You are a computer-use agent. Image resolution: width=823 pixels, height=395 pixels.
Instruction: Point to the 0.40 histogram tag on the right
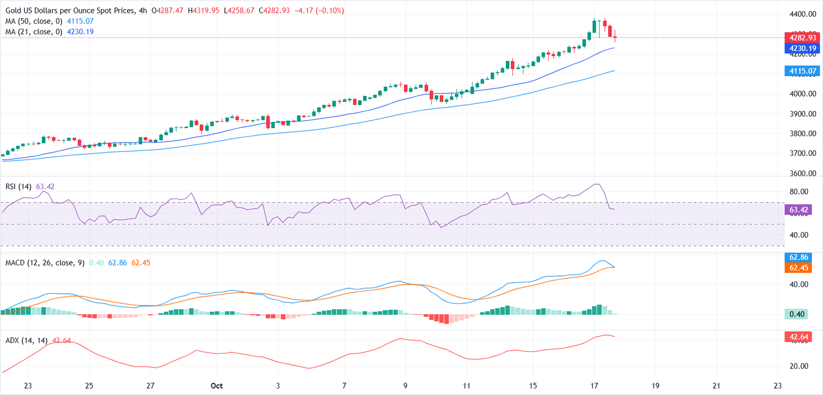(801, 314)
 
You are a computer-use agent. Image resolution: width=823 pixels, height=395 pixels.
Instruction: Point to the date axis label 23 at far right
(778, 385)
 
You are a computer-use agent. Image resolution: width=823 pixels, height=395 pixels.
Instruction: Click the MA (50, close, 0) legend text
(34, 21)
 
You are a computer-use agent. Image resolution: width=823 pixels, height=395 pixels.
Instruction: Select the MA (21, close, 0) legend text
(34, 32)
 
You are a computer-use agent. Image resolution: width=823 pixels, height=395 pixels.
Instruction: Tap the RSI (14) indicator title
(19, 187)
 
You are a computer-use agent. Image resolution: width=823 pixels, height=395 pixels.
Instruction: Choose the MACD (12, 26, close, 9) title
(45, 263)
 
